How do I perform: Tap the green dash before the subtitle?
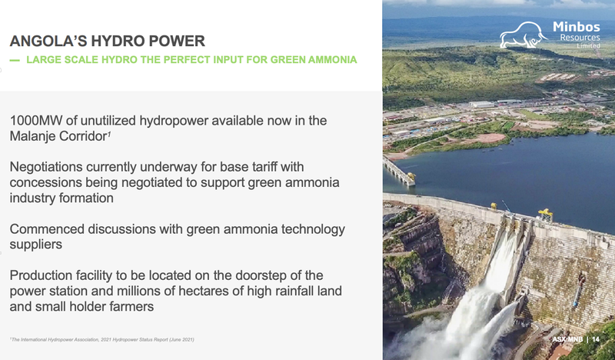[15, 60]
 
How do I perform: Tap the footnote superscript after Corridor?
[109, 133]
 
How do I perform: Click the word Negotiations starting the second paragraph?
[46, 167]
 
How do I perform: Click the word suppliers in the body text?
[36, 245]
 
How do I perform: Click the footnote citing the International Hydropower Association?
[102, 339]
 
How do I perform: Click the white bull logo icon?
[524, 35]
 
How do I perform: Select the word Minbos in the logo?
[576, 27]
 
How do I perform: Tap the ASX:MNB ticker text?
[567, 339]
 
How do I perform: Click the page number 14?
[596, 339]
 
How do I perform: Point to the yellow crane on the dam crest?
[546, 215]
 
